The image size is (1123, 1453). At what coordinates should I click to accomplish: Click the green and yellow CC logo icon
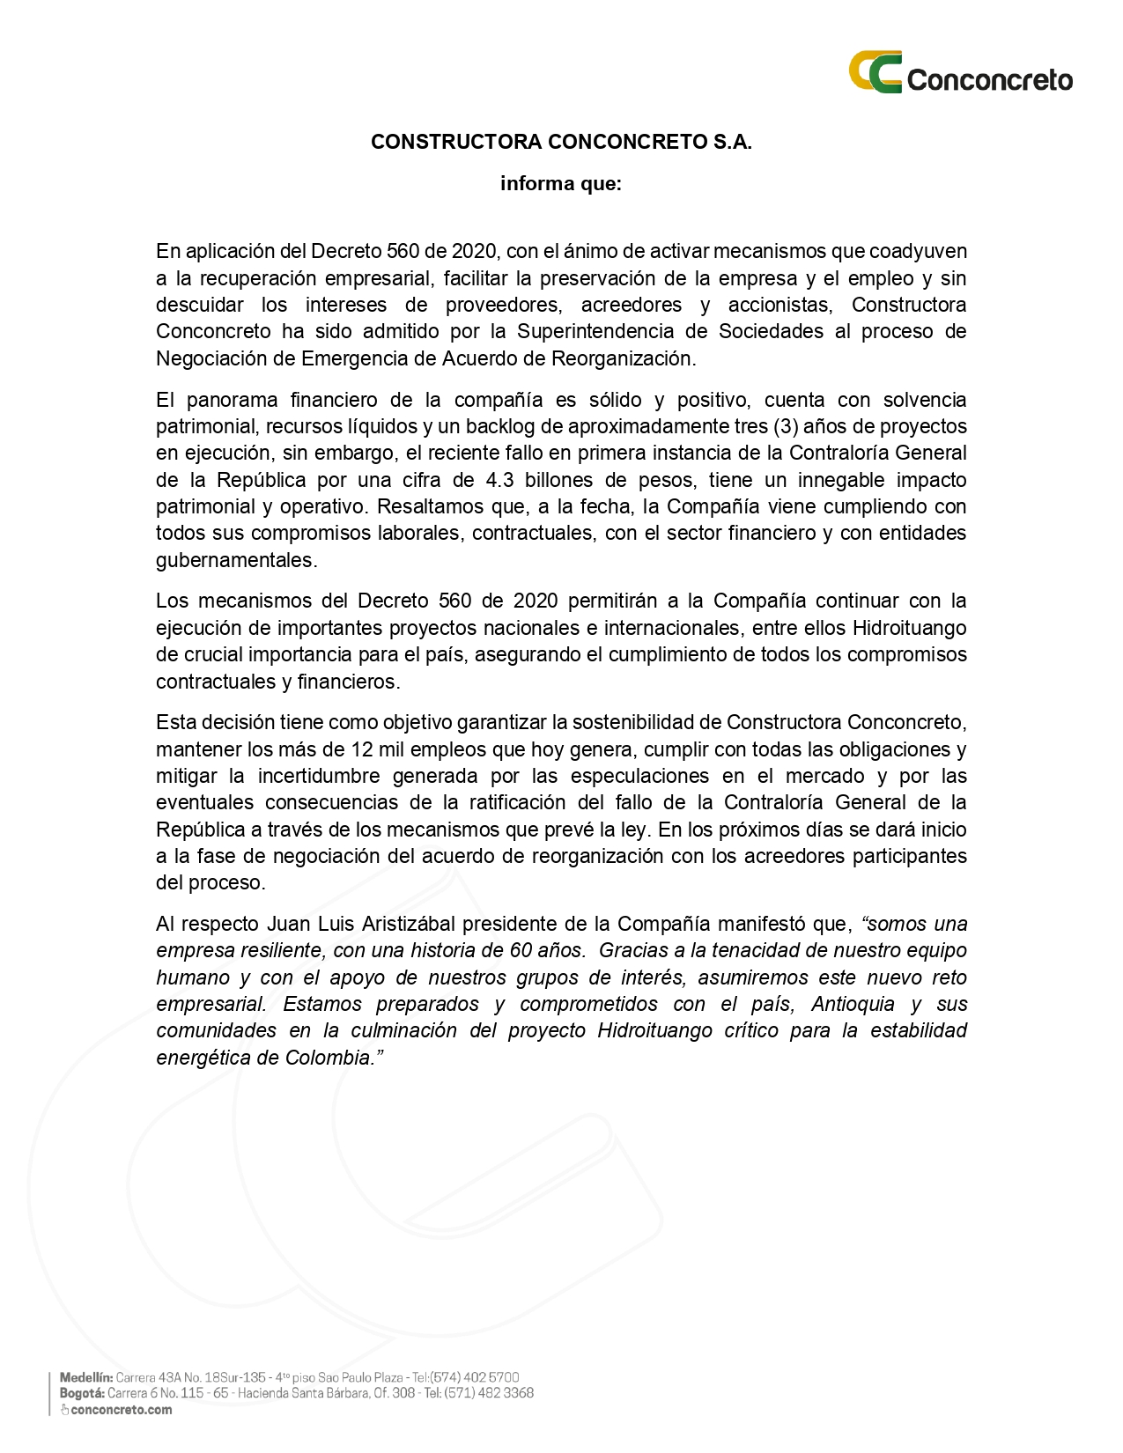click(875, 72)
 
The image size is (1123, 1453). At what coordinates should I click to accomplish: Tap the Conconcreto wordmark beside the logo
click(989, 80)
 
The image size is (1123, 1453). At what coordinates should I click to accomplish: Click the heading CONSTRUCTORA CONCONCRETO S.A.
click(561, 142)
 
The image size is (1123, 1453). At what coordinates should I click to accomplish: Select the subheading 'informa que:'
click(561, 184)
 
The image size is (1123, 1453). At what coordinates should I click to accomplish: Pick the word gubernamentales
click(236, 560)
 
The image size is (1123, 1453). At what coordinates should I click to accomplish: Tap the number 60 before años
click(521, 950)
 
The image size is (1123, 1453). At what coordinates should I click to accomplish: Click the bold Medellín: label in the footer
click(86, 1376)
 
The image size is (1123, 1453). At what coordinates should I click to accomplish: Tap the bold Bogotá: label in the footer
click(82, 1392)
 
